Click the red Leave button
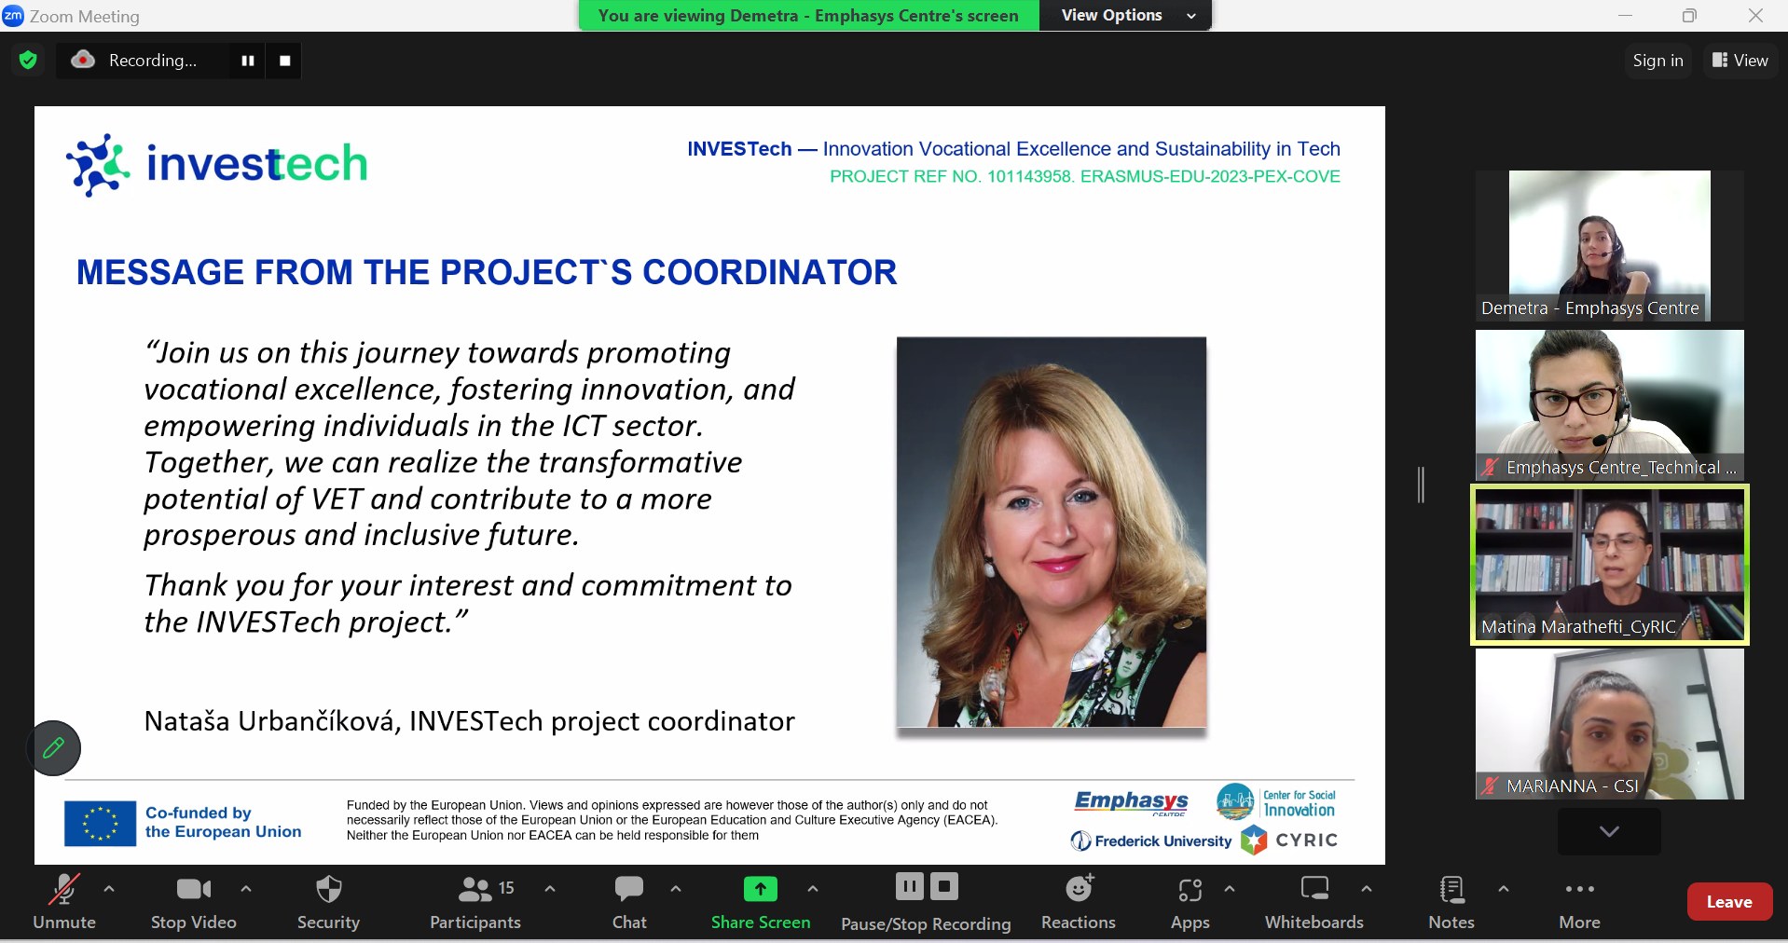(1728, 901)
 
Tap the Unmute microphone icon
(63, 890)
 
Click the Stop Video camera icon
(193, 890)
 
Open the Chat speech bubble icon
(629, 889)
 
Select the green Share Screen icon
(760, 889)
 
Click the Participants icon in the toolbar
(475, 890)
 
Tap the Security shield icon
(328, 889)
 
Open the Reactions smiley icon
(1079, 889)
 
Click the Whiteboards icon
(1314, 889)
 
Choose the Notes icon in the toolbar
(1451, 890)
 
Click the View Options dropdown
(1126, 15)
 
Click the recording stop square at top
(284, 61)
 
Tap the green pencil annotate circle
(54, 747)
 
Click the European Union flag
(100, 824)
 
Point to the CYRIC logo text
(1306, 840)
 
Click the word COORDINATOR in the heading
(769, 272)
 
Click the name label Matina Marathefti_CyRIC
(1578, 627)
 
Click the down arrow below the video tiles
(1609, 830)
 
